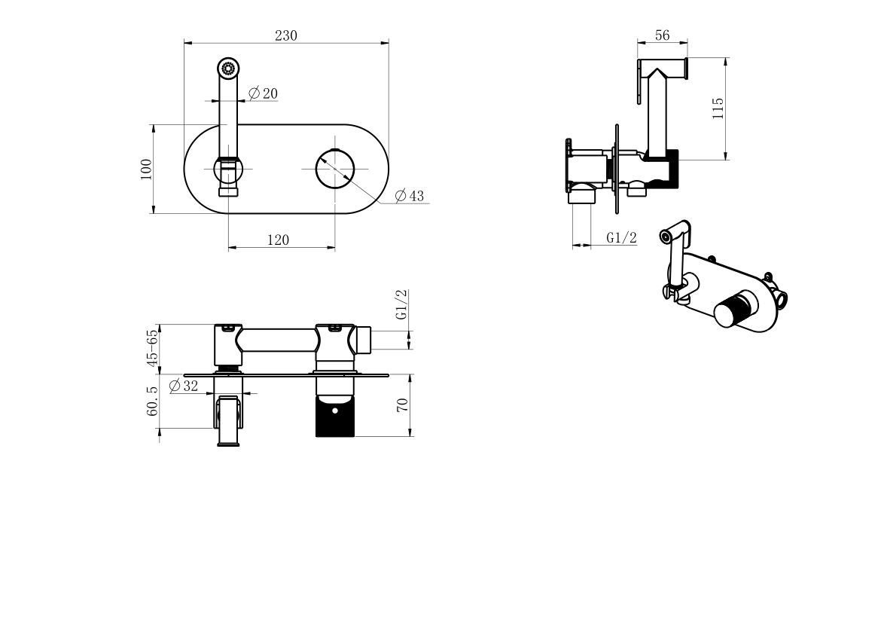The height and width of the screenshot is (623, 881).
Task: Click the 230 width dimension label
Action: coord(286,35)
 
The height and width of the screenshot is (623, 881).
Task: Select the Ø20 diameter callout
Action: coord(263,93)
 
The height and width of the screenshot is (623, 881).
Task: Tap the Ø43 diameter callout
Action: coord(410,196)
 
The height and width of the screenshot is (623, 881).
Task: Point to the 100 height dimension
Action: coord(146,168)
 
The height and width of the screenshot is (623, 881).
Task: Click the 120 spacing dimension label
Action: coord(278,240)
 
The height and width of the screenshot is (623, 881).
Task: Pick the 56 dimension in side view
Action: coord(663,35)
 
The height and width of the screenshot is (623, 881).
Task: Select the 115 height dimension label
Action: coord(718,108)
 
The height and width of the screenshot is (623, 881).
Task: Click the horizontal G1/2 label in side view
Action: coord(622,238)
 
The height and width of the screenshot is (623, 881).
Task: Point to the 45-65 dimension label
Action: coord(153,347)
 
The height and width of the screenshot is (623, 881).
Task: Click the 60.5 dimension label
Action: coord(153,402)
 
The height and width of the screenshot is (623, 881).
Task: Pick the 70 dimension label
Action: coord(402,405)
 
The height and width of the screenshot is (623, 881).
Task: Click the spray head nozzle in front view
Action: coord(228,68)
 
